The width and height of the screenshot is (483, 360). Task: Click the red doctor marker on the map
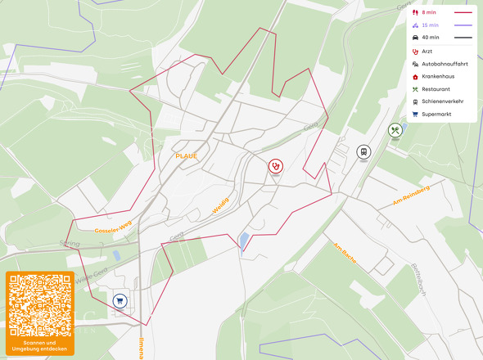point(276,165)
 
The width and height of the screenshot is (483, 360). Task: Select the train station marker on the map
point(363,151)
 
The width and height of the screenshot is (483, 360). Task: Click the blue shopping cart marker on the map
point(120,300)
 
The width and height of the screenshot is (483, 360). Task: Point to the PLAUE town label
point(186,155)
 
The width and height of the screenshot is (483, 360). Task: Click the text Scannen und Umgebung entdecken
point(39,345)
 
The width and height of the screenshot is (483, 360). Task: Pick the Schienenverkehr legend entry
point(442,101)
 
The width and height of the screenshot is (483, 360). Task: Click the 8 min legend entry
point(429,13)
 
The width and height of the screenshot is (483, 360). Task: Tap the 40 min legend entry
point(430,38)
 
